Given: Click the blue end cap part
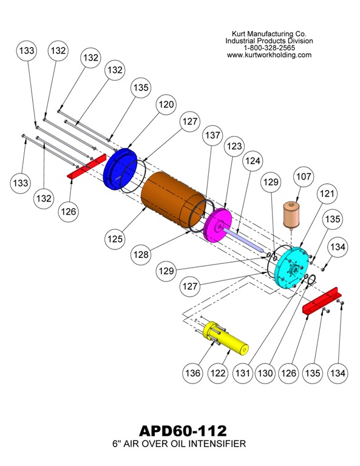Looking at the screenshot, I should (x=121, y=168).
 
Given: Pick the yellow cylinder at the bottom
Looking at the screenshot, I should (x=228, y=337).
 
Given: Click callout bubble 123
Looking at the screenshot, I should (x=234, y=146).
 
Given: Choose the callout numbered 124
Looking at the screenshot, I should (x=253, y=161).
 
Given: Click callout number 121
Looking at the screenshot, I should (x=327, y=194).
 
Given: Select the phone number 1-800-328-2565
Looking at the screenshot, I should (x=269, y=47).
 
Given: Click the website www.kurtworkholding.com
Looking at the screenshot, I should (x=269, y=55).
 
